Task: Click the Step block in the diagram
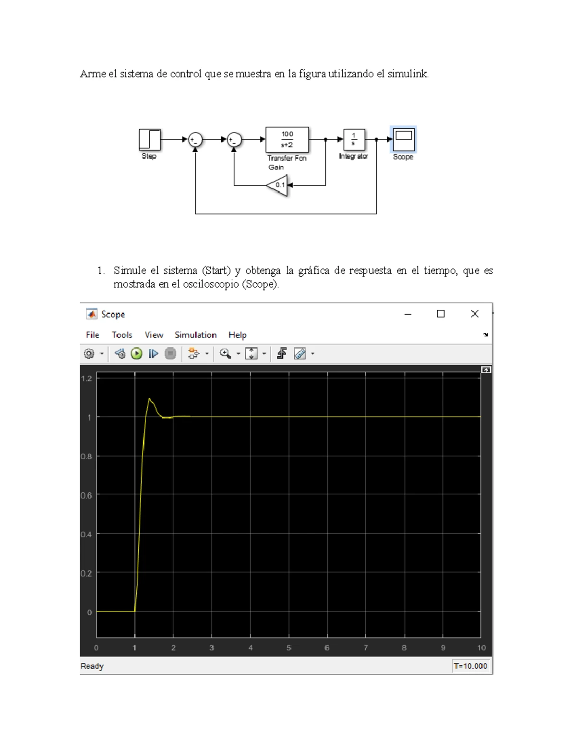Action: (x=149, y=139)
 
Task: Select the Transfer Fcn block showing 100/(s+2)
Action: (x=287, y=139)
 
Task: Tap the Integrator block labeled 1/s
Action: (x=354, y=139)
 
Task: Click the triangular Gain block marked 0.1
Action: (x=278, y=185)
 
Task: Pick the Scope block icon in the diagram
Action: (x=403, y=139)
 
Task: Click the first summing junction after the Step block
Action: (x=195, y=140)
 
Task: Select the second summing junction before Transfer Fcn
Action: (x=234, y=140)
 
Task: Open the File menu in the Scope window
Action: (x=93, y=335)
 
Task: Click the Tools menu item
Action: (x=122, y=335)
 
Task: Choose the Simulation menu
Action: (x=195, y=335)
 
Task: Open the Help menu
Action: (x=237, y=335)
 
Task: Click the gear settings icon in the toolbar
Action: (x=89, y=354)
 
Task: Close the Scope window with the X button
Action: (x=474, y=314)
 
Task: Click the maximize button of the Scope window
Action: (x=441, y=314)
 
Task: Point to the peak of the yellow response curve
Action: (x=150, y=399)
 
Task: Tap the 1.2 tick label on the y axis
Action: (x=86, y=379)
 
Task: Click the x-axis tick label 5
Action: (x=289, y=648)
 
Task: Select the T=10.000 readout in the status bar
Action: (x=470, y=666)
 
